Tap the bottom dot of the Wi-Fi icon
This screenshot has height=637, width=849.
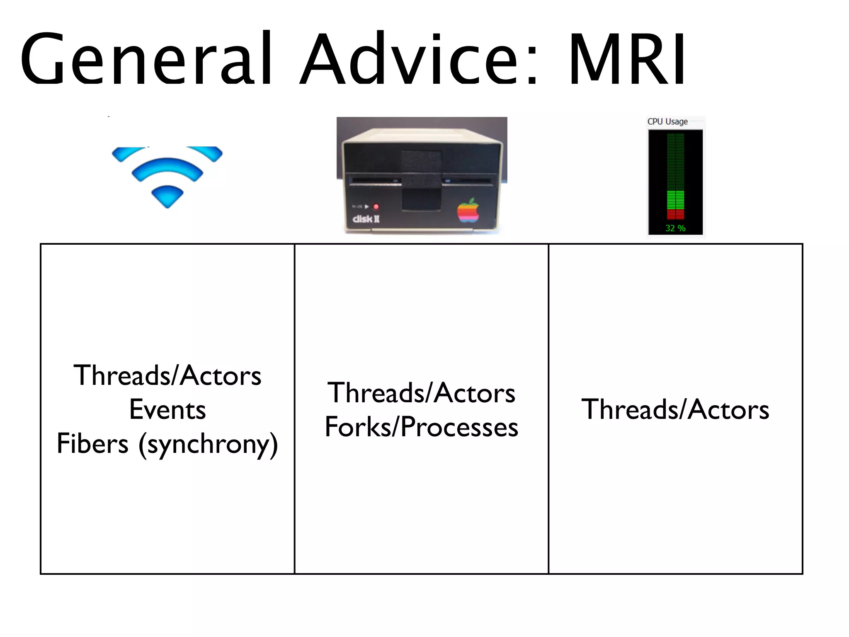tap(167, 197)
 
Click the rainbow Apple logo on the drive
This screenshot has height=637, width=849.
tap(468, 210)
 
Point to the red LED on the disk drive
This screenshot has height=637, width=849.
tap(376, 207)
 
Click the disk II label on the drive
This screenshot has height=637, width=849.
tap(366, 219)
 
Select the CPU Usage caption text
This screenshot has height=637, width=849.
tap(667, 122)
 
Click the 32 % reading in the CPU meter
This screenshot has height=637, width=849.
tap(675, 228)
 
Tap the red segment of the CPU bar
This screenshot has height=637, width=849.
tap(675, 214)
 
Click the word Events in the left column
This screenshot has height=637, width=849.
tap(167, 410)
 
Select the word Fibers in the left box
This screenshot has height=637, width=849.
tap(92, 444)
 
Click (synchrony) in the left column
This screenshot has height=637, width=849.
tap(208, 445)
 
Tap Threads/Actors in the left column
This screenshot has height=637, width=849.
tap(167, 376)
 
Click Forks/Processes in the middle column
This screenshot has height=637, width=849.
tap(421, 427)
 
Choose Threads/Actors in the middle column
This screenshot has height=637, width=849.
tap(421, 393)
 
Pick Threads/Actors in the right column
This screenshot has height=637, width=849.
tap(675, 410)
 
